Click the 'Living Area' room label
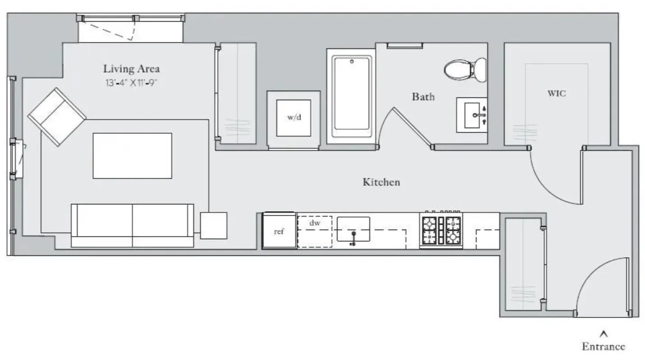[131, 69]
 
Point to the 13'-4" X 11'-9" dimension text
[131, 83]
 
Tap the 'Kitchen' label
[381, 182]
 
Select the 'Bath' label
[423, 97]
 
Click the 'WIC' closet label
[557, 93]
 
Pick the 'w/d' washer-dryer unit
[294, 118]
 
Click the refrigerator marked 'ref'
[279, 230]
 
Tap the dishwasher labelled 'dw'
[315, 232]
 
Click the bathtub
[352, 96]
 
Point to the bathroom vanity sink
[472, 115]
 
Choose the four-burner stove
[441, 230]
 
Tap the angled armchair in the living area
[57, 117]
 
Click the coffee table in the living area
[132, 156]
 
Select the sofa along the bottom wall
[132, 226]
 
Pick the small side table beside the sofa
[213, 226]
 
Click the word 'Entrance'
[603, 346]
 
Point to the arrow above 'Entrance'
[604, 334]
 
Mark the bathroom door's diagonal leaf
[413, 127]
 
